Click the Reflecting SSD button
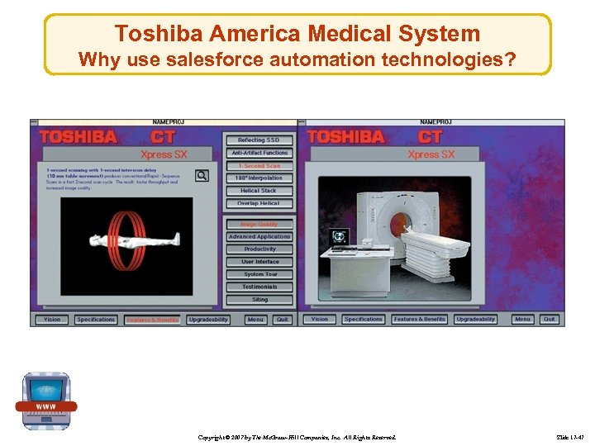pyautogui.click(x=259, y=140)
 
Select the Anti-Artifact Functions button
pyautogui.click(x=259, y=153)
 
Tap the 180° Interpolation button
pyautogui.click(x=259, y=178)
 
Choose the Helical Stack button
pyautogui.click(x=259, y=191)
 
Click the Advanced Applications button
pyautogui.click(x=259, y=237)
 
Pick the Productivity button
pyautogui.click(x=259, y=249)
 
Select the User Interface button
pyautogui.click(x=259, y=262)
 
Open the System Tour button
pyautogui.click(x=259, y=274)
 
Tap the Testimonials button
pyautogui.click(x=259, y=287)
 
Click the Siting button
pyautogui.click(x=259, y=300)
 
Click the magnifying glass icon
pyautogui.click(x=202, y=175)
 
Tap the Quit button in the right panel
pyautogui.click(x=549, y=319)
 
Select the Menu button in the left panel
pyautogui.click(x=255, y=320)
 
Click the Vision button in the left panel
pyautogui.click(x=52, y=320)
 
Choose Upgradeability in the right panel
pyautogui.click(x=476, y=319)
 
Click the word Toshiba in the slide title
pyautogui.click(x=159, y=34)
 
